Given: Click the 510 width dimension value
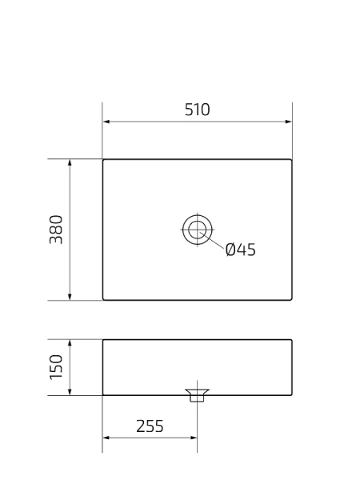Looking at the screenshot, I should click(197, 110).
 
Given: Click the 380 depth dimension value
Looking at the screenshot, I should click(57, 230).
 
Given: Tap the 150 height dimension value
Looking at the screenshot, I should click(57, 368).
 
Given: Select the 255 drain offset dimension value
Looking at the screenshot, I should click(150, 426).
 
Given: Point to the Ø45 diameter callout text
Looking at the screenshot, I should click(240, 250).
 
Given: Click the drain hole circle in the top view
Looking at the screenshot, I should click(195, 230).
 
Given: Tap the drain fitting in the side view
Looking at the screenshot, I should click(196, 395).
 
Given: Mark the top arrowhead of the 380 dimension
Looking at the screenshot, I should click(71, 162).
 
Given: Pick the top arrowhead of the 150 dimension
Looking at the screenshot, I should click(71, 343).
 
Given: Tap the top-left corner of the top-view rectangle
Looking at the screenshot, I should click(103, 159).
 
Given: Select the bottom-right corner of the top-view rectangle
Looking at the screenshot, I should click(291, 300).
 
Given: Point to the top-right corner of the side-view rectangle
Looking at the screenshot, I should click(291, 340).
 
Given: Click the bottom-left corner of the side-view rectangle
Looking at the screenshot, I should click(103, 394).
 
